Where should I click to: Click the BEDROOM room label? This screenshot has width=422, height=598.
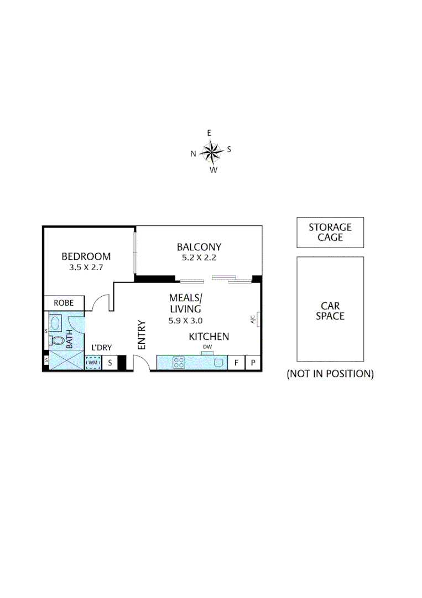pos(86,256)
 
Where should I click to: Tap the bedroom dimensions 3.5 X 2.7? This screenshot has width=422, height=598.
pos(86,267)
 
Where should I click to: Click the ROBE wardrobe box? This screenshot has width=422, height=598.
pos(64,303)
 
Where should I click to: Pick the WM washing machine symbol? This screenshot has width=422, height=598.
pos(93,363)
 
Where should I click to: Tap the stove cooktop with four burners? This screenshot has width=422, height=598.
pos(179,363)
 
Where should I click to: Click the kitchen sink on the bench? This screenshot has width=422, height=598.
pos(218,363)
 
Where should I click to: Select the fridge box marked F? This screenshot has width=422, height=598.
pos(236,363)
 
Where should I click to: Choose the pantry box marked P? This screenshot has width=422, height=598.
pos(253,363)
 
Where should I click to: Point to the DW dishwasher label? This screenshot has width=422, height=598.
pos(207,347)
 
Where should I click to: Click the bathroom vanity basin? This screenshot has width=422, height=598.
pos(55,322)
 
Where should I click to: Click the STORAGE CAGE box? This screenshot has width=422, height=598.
pos(330,233)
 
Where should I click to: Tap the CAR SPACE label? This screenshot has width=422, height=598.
pos(330,311)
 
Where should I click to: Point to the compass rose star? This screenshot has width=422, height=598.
pos(211,151)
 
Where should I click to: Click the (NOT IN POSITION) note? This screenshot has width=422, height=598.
pos(330,374)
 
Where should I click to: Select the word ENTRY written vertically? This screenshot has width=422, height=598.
pos(141,334)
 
